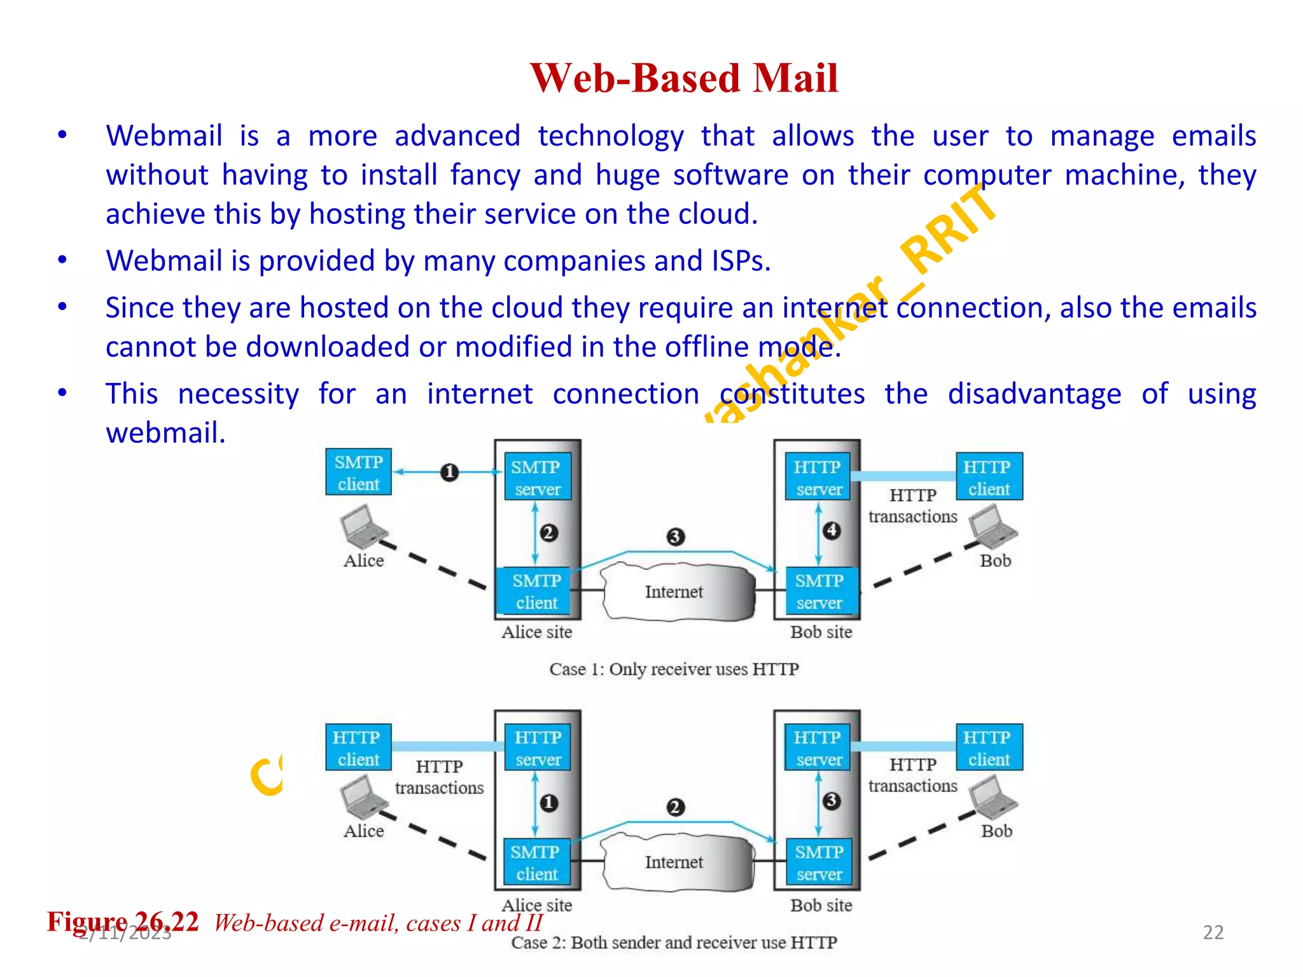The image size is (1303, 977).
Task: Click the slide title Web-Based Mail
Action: tap(684, 78)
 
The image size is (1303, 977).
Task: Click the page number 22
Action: tap(1213, 932)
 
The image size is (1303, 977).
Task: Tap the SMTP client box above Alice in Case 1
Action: tap(358, 473)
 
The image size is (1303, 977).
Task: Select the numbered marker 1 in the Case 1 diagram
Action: tap(449, 473)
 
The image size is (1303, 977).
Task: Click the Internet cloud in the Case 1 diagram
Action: tap(674, 592)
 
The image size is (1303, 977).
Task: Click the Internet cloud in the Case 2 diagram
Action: tap(674, 862)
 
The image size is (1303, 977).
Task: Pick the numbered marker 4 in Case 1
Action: tap(832, 530)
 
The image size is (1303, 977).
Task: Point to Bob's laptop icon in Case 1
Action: tap(992, 527)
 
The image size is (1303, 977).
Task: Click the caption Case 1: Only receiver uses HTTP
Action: tap(674, 669)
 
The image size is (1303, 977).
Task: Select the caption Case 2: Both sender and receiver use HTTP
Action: tap(674, 942)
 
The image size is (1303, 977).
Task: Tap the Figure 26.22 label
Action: tap(123, 922)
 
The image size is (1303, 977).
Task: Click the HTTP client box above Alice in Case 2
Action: tap(358, 748)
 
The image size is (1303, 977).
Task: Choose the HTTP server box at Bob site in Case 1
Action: tap(818, 477)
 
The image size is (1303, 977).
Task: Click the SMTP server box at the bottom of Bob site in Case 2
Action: tap(818, 863)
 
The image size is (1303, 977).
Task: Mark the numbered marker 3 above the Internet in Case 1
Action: tap(675, 537)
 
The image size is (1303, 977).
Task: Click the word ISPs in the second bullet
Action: tap(741, 261)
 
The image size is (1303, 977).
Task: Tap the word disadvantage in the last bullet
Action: tap(1034, 394)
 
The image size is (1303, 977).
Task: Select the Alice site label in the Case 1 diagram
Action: tap(536, 632)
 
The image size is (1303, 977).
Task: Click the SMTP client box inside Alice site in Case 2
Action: tap(536, 863)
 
